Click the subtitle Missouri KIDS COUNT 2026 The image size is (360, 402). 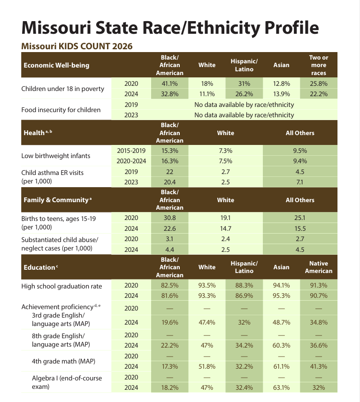click(x=77, y=46)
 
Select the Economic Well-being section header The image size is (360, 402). click(x=56, y=65)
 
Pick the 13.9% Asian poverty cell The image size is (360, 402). click(x=281, y=94)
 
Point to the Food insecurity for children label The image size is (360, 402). click(x=61, y=110)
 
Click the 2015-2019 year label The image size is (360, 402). click(x=131, y=151)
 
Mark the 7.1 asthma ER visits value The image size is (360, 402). click(x=300, y=182)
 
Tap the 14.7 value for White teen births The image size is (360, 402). click(x=225, y=228)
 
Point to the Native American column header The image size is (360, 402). click(x=318, y=267)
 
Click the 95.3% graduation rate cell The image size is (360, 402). click(x=281, y=296)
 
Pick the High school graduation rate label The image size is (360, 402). click(x=61, y=286)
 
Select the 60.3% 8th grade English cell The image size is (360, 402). click(x=281, y=345)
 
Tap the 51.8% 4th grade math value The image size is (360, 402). click(x=207, y=366)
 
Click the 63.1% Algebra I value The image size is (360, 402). click(x=281, y=387)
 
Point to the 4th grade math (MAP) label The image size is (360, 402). click(x=60, y=361)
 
